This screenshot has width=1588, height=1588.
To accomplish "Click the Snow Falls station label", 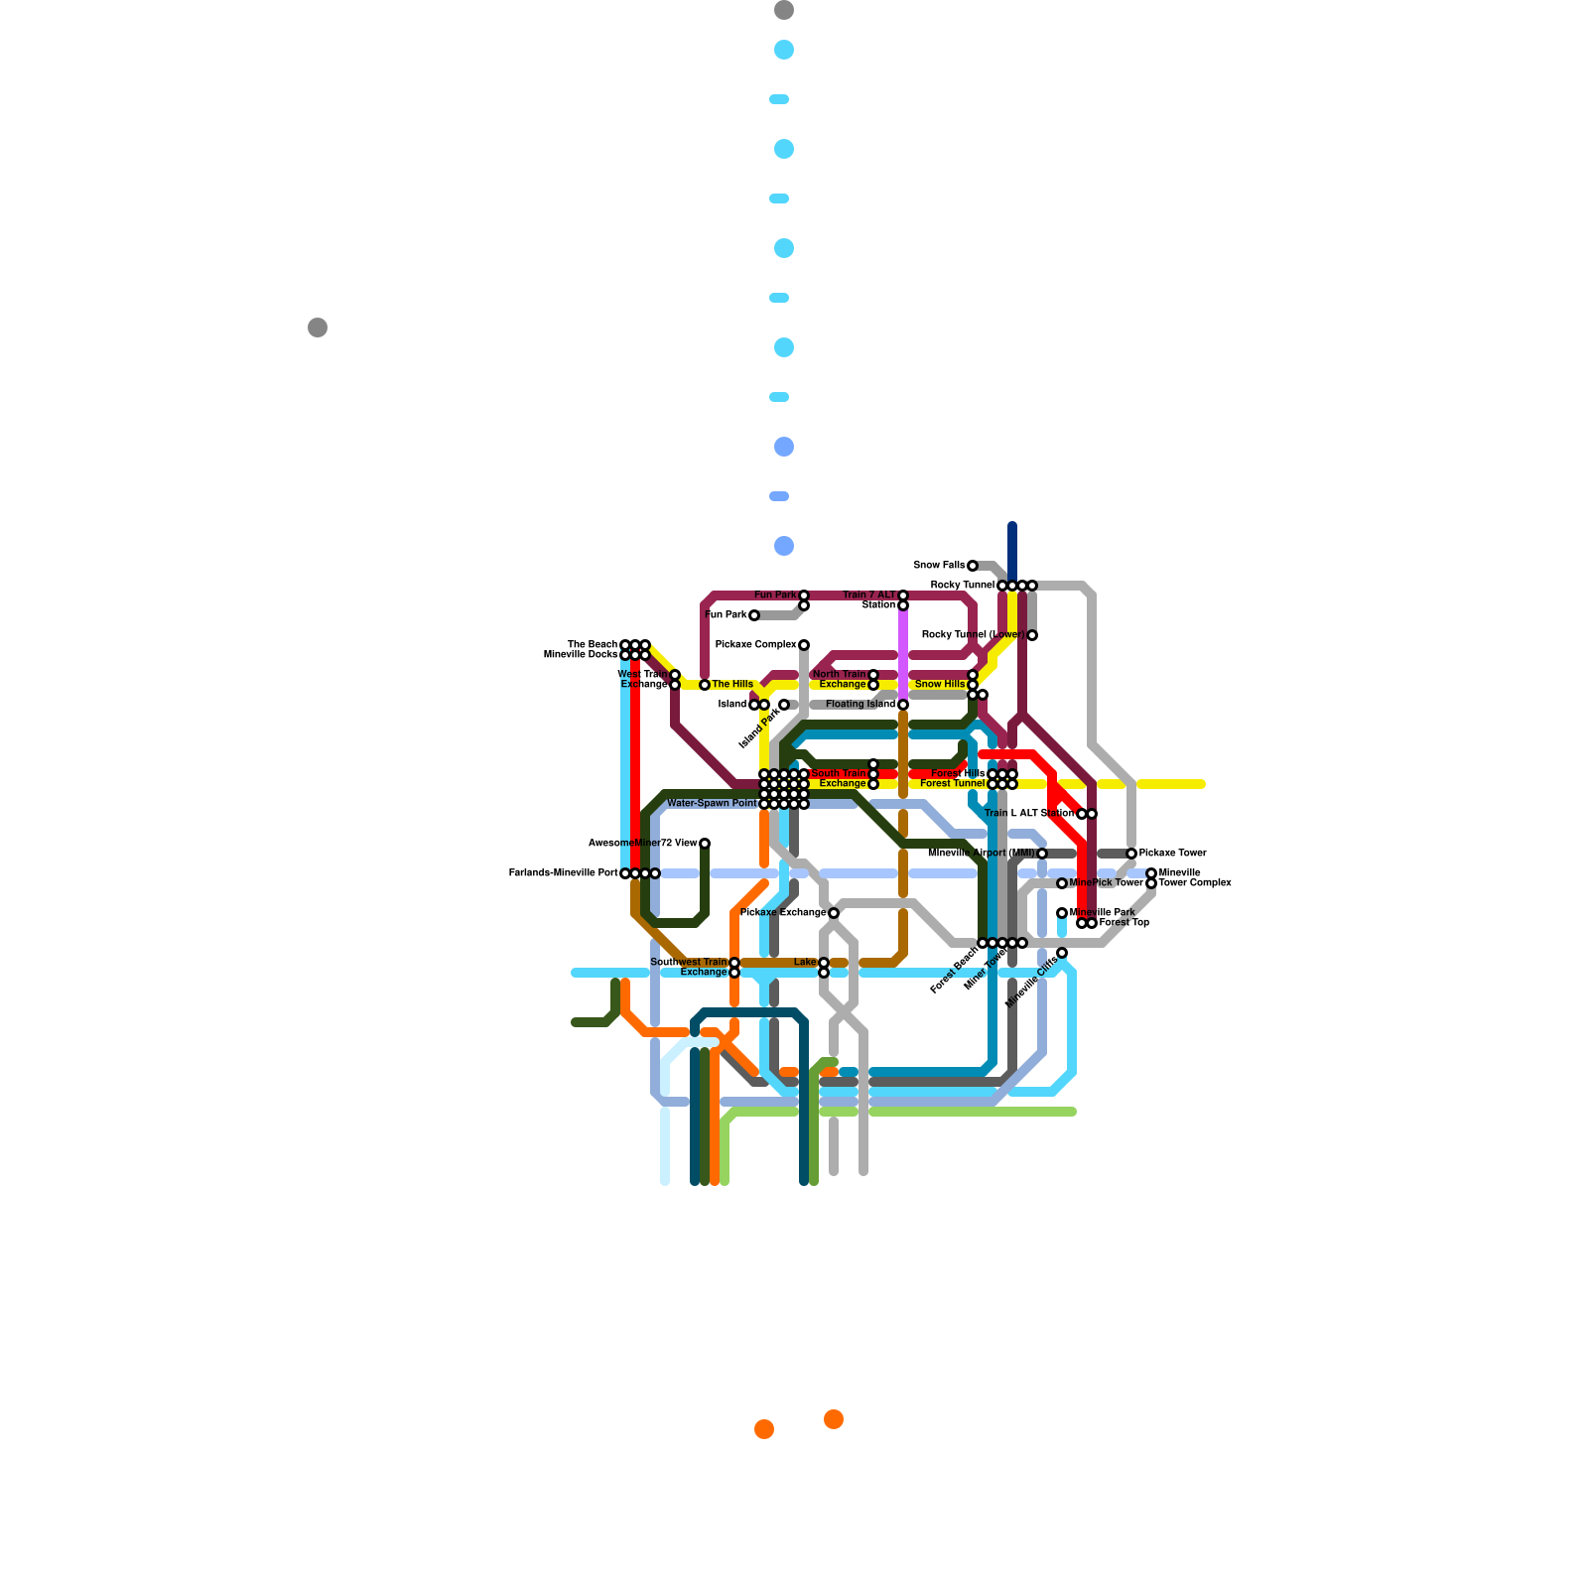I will pyautogui.click(x=939, y=566).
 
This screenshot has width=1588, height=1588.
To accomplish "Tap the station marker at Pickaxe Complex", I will pyautogui.click(x=804, y=645).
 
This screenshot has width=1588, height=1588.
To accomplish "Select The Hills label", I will pyautogui.click(x=732, y=685).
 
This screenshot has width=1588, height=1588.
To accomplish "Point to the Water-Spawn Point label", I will pyautogui.click(x=712, y=804).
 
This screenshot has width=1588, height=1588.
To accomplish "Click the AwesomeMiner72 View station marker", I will pyautogui.click(x=705, y=844).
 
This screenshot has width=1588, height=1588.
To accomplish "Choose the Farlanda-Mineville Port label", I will pyautogui.click(x=563, y=873).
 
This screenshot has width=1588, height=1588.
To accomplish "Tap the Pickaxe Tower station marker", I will pyautogui.click(x=1131, y=854).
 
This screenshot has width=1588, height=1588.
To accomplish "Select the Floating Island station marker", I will pyautogui.click(x=903, y=705).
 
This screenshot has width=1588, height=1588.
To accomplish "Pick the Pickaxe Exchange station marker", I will pyautogui.click(x=834, y=913).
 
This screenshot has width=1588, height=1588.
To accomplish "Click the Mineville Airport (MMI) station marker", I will pyautogui.click(x=1042, y=854).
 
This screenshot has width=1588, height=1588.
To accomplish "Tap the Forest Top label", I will pyautogui.click(x=1125, y=923).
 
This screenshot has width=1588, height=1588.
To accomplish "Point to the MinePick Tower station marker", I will pyautogui.click(x=1062, y=883).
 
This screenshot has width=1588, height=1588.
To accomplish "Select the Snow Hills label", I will pyautogui.click(x=940, y=685).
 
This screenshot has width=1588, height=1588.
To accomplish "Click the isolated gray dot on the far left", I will pyautogui.click(x=318, y=328).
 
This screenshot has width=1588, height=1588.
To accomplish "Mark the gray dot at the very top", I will pyautogui.click(x=784, y=11).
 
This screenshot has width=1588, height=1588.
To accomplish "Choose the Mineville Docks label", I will pyautogui.click(x=581, y=655).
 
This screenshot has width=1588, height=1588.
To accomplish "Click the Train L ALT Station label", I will pyautogui.click(x=1029, y=814).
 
